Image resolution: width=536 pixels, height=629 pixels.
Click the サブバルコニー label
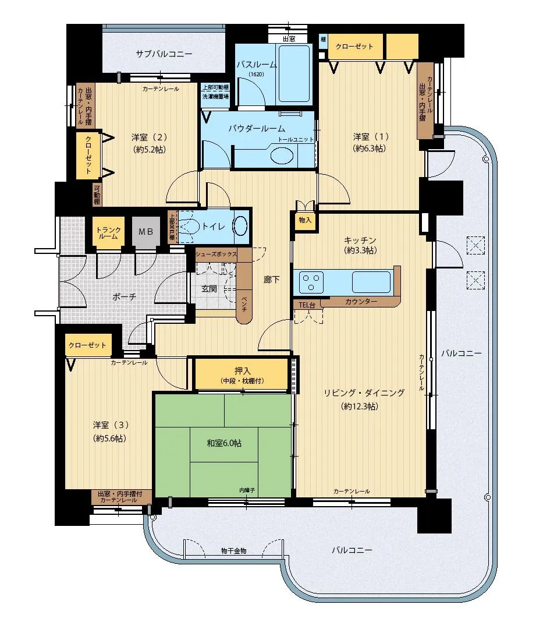coord(164,54)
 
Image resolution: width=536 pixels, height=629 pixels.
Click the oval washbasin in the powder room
coord(283,156)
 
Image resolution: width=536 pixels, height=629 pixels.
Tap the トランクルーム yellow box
coord(108,232)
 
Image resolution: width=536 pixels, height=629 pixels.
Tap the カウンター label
coord(360,302)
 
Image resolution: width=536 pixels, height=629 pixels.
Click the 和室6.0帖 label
coord(224,443)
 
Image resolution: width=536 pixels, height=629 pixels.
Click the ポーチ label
coord(125,296)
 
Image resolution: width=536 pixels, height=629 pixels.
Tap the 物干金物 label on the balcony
coord(233,550)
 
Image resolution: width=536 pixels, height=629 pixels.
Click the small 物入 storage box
coord(305,220)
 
